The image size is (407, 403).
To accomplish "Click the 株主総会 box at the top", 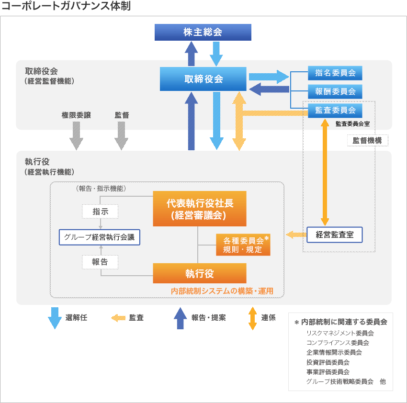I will click(x=203, y=33).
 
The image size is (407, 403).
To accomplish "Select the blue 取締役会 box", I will click(x=203, y=79).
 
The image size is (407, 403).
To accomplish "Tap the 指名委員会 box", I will click(x=335, y=73).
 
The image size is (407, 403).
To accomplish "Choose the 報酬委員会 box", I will click(x=335, y=91).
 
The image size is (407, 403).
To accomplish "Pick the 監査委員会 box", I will click(x=335, y=110).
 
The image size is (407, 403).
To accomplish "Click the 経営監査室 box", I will click(x=335, y=235).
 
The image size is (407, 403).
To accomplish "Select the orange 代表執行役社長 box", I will click(x=200, y=209).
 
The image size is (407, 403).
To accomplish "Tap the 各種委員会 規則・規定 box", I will click(x=243, y=245).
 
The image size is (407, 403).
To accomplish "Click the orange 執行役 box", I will click(x=200, y=273).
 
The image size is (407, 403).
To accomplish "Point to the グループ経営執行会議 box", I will click(x=99, y=237).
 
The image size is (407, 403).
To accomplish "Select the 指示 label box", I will click(x=100, y=211).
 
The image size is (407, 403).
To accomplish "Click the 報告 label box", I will click(x=100, y=262).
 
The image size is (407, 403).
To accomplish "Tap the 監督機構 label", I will click(x=367, y=141).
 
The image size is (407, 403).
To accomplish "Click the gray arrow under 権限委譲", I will click(x=76, y=135).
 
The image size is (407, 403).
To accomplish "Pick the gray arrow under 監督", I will click(x=121, y=135).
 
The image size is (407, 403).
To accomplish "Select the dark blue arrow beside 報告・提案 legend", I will click(x=180, y=318).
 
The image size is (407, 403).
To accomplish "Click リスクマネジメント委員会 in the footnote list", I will click(x=340, y=333).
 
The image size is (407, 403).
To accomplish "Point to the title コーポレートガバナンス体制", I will click(x=67, y=7).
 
